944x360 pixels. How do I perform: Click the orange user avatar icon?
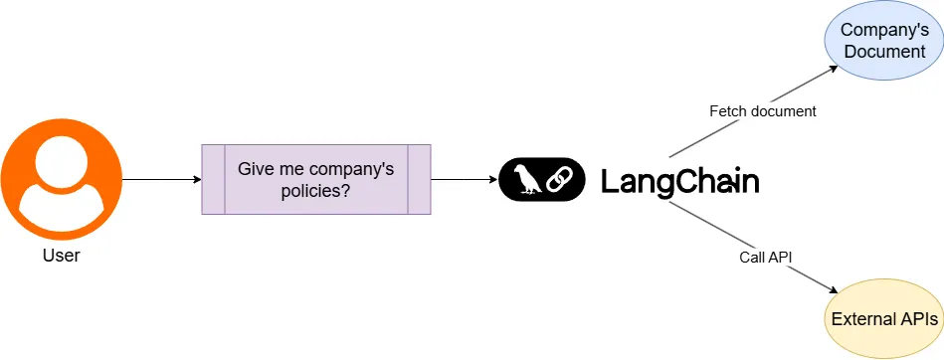[62, 179]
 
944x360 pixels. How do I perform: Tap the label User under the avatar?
[62, 256]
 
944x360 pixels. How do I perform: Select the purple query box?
[316, 179]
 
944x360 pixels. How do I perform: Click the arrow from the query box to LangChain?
[464, 179]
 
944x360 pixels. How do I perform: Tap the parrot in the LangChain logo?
[524, 179]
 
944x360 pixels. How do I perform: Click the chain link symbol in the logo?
[561, 179]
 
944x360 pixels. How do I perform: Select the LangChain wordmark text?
[680, 181]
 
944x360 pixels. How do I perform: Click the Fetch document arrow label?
[762, 111]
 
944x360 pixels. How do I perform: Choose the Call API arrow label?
[765, 257]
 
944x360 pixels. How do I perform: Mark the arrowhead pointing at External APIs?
[833, 288]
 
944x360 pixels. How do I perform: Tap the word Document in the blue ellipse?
[882, 52]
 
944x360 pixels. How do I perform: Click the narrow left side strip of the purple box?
[213, 179]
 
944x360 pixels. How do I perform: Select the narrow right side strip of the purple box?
[419, 179]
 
